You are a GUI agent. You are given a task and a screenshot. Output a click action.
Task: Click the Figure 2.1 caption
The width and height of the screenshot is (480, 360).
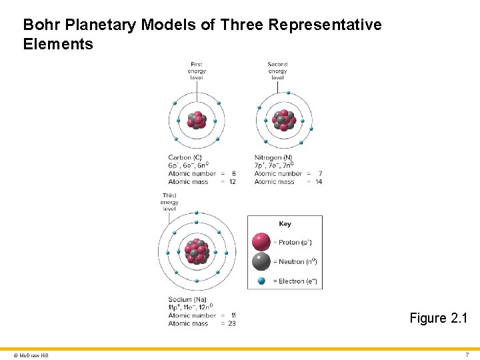437,318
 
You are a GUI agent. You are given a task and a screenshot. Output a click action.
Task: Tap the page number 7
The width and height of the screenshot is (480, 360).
467,354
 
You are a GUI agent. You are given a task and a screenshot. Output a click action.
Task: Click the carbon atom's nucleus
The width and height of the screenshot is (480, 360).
197,121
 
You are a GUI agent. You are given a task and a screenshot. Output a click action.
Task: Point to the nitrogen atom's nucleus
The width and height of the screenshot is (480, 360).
283,120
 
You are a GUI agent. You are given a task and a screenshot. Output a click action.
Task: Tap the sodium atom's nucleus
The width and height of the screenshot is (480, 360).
197,250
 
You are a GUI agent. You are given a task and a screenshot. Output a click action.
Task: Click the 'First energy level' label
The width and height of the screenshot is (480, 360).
197,71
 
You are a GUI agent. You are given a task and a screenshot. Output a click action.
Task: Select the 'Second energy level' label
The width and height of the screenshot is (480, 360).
277,71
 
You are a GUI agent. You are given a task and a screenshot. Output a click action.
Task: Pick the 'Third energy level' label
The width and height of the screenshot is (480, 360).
169,202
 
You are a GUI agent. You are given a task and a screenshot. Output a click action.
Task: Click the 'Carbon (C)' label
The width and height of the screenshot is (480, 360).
185,157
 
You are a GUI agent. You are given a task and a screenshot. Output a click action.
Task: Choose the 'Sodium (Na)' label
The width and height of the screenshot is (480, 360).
187,299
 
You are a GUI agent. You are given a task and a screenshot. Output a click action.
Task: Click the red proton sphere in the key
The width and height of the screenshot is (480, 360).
261,242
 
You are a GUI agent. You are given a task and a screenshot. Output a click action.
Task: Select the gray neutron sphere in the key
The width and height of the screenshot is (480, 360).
261,261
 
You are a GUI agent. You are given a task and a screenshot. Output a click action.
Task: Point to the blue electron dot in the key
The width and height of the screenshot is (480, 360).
261,281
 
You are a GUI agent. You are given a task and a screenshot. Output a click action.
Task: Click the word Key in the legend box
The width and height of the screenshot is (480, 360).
285,224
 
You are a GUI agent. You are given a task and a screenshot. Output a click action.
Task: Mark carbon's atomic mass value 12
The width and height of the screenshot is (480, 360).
232,181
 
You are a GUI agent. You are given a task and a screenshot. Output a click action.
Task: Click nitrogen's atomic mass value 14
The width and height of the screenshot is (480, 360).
319,181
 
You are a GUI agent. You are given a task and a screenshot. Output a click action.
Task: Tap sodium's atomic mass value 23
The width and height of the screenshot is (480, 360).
232,323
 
